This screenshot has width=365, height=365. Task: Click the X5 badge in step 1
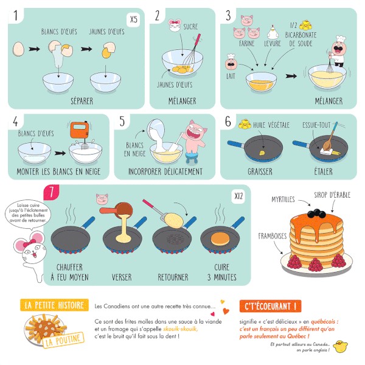[134, 19]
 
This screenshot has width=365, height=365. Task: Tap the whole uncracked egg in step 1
[18, 49]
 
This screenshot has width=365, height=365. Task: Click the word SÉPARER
[82, 101]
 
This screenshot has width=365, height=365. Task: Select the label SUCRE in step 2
[190, 27]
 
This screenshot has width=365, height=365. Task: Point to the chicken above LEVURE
[273, 32]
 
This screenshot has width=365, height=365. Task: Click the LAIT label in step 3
[231, 76]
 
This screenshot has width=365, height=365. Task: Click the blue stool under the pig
[192, 158]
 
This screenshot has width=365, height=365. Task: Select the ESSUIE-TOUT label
[316, 125]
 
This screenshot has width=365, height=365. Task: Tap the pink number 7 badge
[52, 192]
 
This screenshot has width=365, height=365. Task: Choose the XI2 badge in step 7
[238, 196]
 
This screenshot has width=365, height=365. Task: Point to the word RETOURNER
[173, 277]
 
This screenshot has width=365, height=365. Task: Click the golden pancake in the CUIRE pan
[220, 238]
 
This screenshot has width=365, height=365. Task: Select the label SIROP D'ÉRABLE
[332, 195]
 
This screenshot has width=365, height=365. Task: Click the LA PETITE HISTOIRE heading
[54, 305]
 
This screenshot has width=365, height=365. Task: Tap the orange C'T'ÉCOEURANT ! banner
[270, 306]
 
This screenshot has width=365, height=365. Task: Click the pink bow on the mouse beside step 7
[29, 243]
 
